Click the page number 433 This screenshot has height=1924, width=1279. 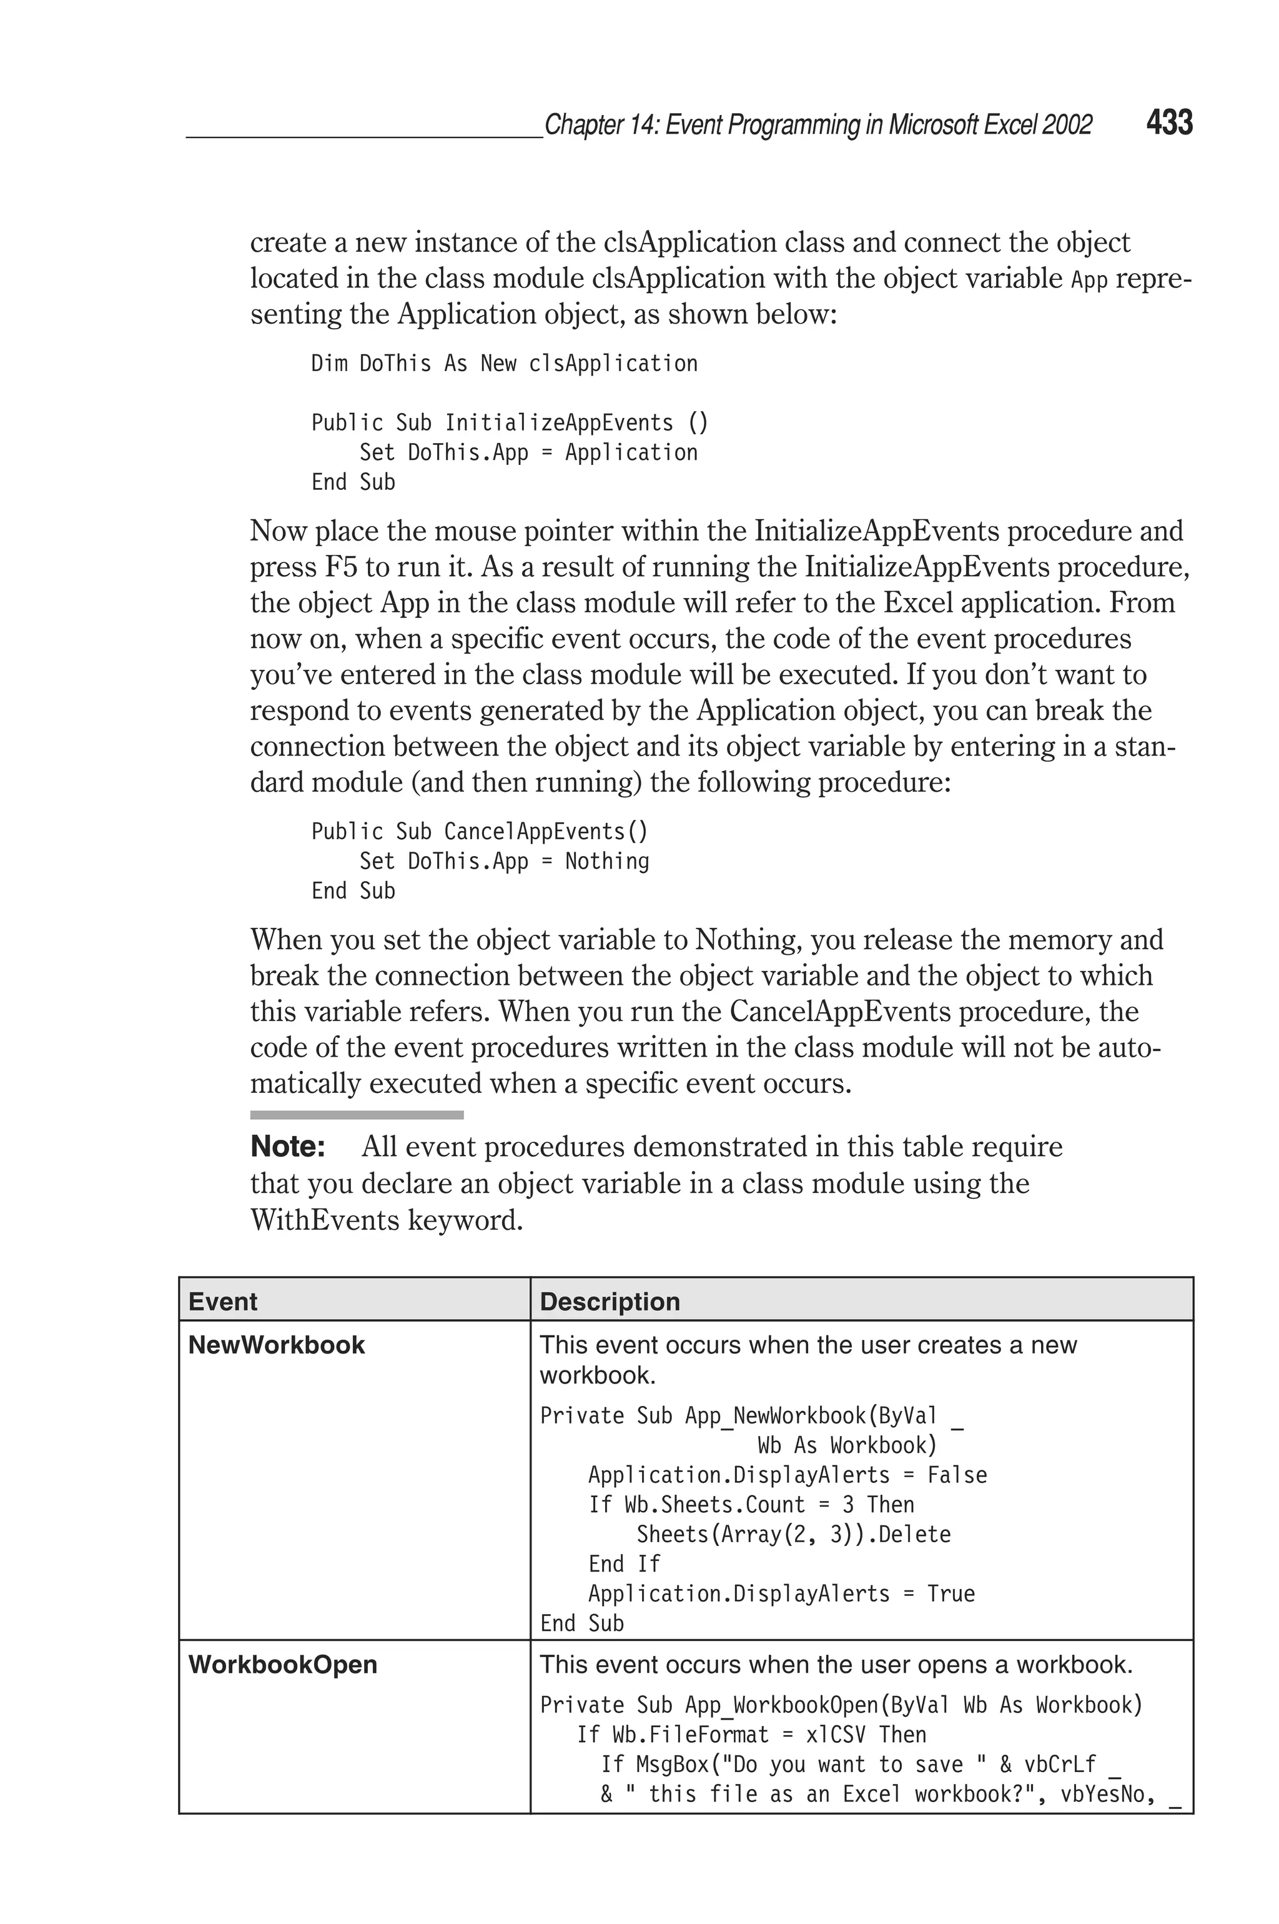[1169, 123]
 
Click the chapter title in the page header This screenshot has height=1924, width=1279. [817, 125]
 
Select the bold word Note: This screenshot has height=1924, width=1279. [288, 1147]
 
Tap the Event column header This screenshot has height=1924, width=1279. [223, 1302]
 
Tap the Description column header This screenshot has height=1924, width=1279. [610, 1302]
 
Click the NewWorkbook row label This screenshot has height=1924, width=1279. [277, 1345]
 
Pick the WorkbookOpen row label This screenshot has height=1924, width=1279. [282, 1665]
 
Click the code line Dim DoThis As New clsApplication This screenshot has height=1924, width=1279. [504, 364]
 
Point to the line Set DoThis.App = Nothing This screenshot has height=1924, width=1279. [503, 862]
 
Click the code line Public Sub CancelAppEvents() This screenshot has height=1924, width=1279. [479, 832]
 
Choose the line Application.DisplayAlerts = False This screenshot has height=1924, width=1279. [787, 1475]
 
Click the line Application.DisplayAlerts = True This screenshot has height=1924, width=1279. [781, 1593]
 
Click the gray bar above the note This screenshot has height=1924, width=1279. [357, 1115]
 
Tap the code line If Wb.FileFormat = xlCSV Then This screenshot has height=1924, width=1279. [751, 1735]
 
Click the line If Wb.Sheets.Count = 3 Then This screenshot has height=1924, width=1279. [751, 1505]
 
